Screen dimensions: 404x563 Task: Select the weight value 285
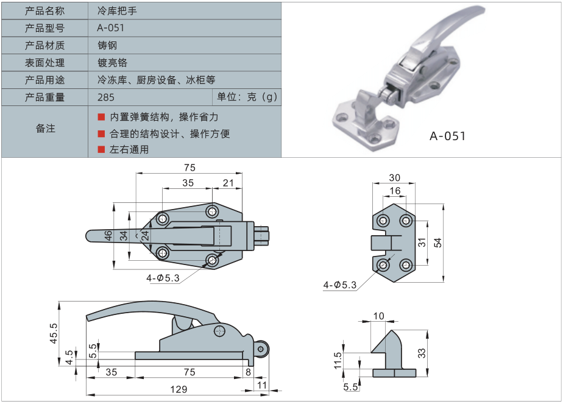click(106, 97)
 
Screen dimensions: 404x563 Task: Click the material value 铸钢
click(107, 45)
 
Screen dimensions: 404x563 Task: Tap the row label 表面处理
click(44, 63)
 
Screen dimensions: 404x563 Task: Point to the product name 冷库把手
click(112, 11)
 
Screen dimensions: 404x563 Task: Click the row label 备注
click(45, 129)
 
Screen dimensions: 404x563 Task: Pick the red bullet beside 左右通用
click(101, 149)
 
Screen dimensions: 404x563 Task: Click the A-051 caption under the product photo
click(447, 136)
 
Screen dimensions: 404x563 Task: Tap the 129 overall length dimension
click(179, 389)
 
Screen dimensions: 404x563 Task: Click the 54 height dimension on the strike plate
click(437, 243)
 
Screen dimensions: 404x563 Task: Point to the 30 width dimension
click(394, 178)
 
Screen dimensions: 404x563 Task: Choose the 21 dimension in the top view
click(228, 183)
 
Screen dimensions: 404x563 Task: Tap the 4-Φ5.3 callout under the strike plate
click(341, 284)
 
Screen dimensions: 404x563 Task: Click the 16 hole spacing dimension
click(394, 191)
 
